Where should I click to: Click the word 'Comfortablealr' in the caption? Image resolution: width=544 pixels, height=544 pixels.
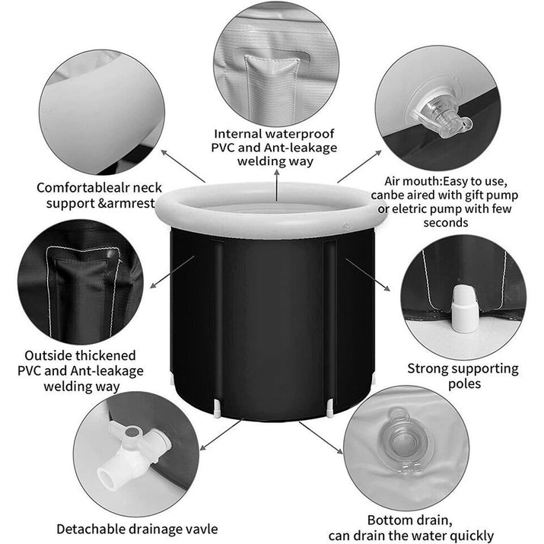pos(79,188)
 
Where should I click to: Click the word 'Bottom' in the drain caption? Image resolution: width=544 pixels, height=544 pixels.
pos(389,520)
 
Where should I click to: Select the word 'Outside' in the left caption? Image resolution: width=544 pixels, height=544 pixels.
pos(48,355)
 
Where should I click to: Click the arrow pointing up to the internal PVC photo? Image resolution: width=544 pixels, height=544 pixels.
pos(276,186)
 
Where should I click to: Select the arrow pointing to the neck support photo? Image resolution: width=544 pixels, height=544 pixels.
pos(183,166)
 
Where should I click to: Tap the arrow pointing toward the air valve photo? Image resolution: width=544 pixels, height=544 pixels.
pos(359,167)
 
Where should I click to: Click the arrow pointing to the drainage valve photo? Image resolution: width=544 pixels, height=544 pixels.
pos(221,434)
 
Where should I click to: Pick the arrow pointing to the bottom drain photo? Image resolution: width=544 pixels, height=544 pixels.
pos(321,437)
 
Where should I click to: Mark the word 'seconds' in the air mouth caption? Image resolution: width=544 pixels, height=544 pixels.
pos(445,223)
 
